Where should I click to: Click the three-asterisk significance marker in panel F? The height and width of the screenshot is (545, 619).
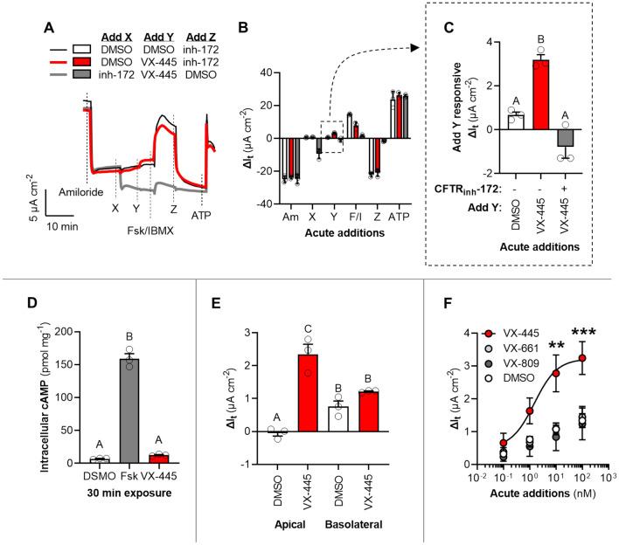(x=581, y=333)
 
